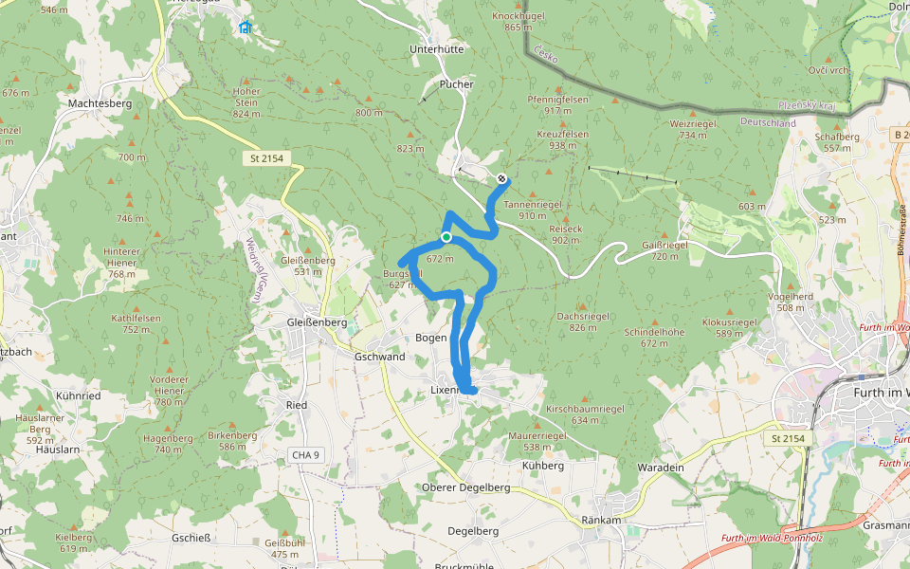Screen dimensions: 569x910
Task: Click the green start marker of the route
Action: click(x=446, y=237)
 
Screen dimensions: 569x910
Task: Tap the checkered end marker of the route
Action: click(x=501, y=178)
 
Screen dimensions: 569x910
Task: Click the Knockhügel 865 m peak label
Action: click(x=518, y=22)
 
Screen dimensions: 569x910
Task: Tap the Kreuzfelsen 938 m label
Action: click(x=562, y=139)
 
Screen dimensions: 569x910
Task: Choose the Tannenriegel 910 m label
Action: click(x=533, y=210)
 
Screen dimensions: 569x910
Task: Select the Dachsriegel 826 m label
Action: click(x=583, y=321)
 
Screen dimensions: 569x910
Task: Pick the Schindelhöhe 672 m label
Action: click(x=654, y=338)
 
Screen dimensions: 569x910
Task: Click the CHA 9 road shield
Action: click(x=306, y=455)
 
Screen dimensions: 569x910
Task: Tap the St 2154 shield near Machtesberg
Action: click(x=268, y=158)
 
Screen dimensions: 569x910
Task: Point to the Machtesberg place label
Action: click(x=100, y=102)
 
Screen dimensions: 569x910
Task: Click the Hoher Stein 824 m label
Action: click(x=246, y=102)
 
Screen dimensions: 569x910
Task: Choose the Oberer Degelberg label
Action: click(x=465, y=487)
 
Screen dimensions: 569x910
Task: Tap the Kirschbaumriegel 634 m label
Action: click(x=585, y=413)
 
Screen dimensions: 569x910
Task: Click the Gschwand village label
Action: click(x=379, y=357)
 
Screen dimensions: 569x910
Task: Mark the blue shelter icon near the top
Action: click(x=246, y=28)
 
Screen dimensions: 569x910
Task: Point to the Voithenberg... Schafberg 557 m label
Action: click(x=837, y=142)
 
